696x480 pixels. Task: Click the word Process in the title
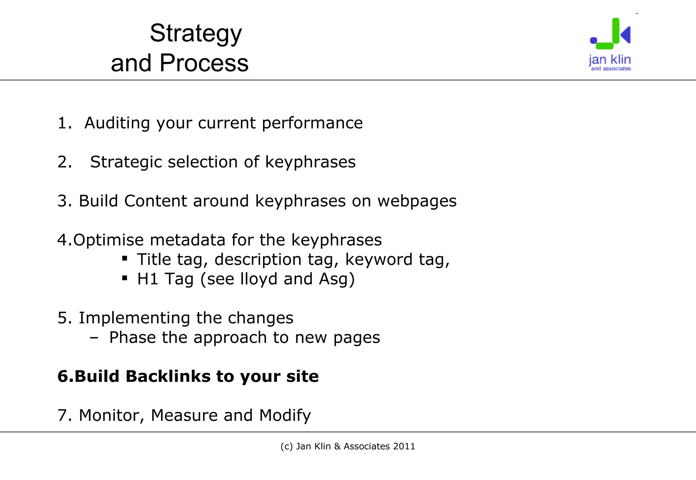pos(204,63)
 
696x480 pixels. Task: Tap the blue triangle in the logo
pos(626,34)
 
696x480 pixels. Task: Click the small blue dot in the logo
pos(593,40)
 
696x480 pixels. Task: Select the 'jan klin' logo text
pos(610,60)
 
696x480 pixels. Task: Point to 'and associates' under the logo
pos(611,69)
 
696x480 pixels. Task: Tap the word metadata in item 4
pos(187,240)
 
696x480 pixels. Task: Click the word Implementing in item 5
pos(134,318)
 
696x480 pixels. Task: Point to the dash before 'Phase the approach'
pos(94,338)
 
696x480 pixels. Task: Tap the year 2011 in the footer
pos(404,446)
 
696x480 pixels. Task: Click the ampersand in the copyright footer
pos(337,446)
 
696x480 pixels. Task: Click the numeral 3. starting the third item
pos(64,201)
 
